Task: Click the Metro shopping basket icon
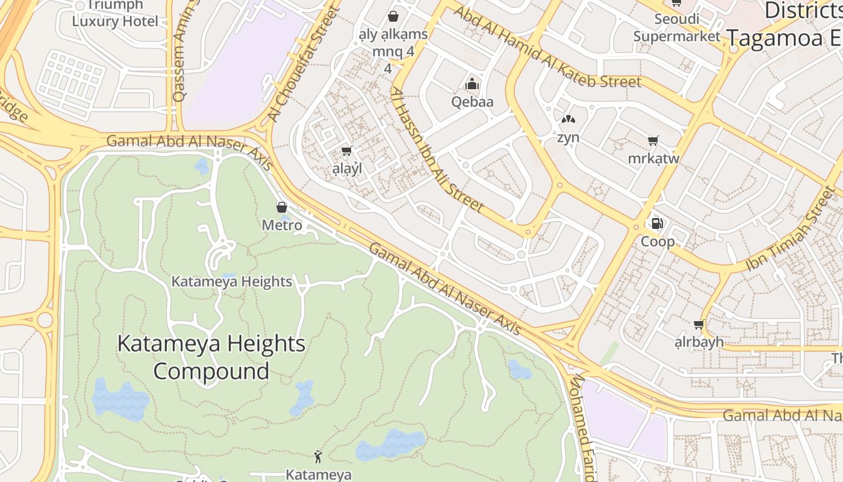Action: click(281, 208)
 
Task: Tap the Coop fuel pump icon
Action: click(657, 224)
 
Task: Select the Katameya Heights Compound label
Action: click(211, 357)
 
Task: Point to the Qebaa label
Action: click(473, 101)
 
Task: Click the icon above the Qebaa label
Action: click(473, 84)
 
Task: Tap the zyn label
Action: click(568, 137)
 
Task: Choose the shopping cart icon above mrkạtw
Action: click(653, 141)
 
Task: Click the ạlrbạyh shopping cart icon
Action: click(698, 325)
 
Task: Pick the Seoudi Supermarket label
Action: click(677, 28)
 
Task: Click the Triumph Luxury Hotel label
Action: click(115, 13)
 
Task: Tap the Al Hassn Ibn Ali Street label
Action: click(438, 151)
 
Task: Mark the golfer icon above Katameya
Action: click(318, 456)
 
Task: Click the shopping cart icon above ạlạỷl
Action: click(346, 151)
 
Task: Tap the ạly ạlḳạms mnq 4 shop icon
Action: click(393, 16)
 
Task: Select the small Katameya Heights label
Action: click(232, 281)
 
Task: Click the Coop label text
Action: click(657, 242)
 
